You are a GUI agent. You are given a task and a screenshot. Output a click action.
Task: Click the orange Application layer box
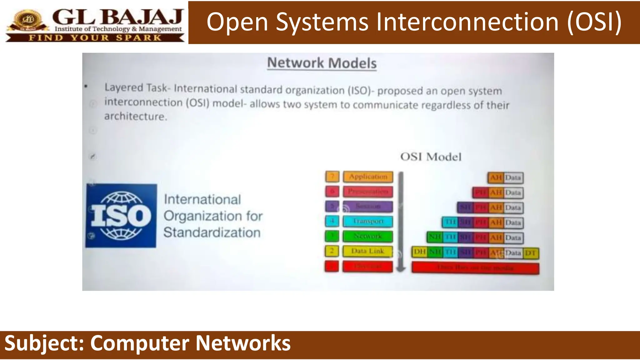(x=368, y=177)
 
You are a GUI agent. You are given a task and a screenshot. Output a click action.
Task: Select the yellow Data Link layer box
(x=367, y=251)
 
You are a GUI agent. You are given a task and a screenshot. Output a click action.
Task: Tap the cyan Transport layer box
(x=368, y=221)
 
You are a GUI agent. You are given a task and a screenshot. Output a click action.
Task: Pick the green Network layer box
(x=367, y=236)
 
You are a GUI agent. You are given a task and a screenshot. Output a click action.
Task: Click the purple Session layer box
(x=368, y=206)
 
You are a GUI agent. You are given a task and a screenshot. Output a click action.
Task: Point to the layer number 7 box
(x=332, y=177)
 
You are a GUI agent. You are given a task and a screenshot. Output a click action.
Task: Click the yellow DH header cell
(x=420, y=252)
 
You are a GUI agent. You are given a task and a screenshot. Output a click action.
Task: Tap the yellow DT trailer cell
(x=531, y=253)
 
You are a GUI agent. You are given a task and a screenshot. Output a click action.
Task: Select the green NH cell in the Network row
(x=434, y=237)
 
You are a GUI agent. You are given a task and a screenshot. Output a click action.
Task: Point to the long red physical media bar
(x=475, y=268)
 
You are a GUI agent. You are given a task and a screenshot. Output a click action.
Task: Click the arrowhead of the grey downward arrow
(x=401, y=268)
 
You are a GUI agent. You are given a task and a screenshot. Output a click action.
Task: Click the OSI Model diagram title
(x=431, y=157)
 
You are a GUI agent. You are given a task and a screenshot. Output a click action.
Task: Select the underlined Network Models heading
(x=322, y=63)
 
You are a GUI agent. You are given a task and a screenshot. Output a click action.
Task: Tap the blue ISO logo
(x=121, y=216)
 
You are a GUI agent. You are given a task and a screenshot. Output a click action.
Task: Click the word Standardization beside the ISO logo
(x=212, y=232)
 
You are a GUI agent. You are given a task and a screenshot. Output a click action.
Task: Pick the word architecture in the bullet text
(x=135, y=116)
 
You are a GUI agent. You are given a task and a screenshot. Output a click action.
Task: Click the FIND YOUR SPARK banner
(x=95, y=38)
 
